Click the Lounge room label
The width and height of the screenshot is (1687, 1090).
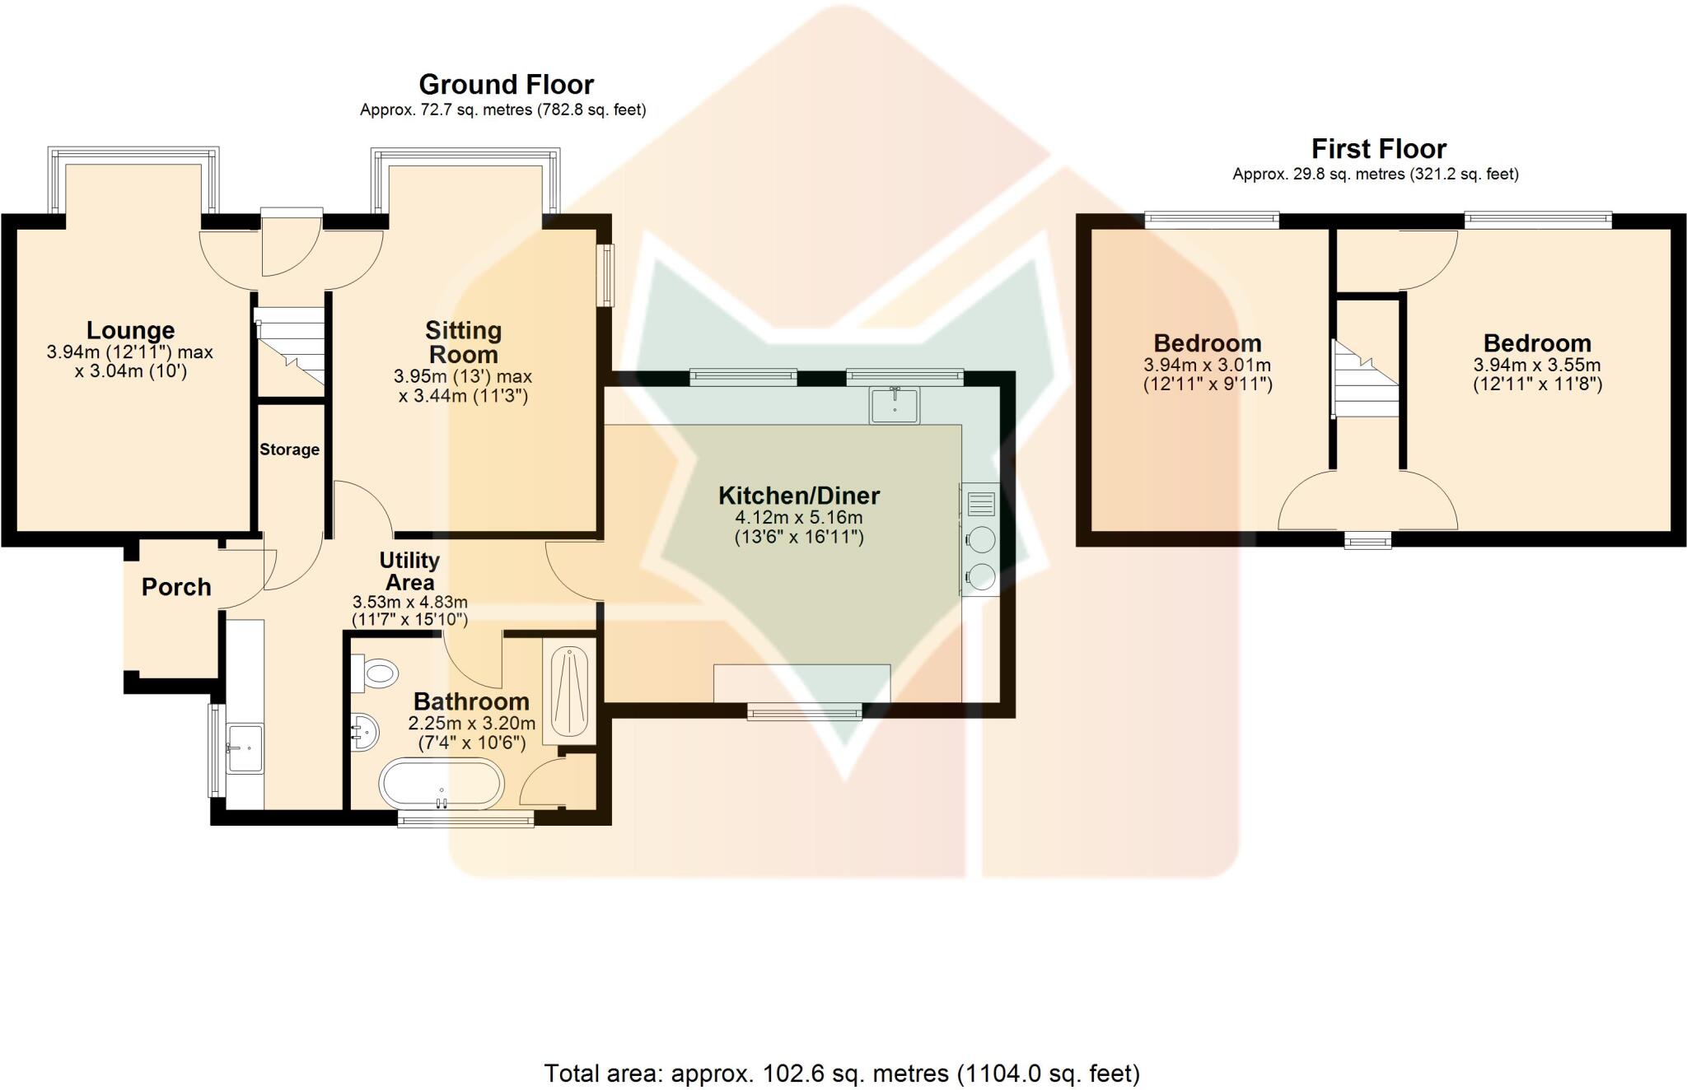click(x=130, y=330)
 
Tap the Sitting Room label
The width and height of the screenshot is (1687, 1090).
click(x=463, y=342)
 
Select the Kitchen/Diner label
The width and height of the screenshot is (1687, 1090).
click(x=799, y=496)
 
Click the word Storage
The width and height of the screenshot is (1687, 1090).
click(x=289, y=450)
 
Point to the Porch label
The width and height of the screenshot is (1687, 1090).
click(x=176, y=587)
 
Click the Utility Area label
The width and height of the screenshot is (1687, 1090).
click(x=409, y=571)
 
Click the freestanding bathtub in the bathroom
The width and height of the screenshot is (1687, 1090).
click(x=441, y=785)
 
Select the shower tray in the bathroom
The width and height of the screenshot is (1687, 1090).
click(x=569, y=691)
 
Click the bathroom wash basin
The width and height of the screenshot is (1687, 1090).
click(x=364, y=731)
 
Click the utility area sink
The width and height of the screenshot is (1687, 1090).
click(x=245, y=748)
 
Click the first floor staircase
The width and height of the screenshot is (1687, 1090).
click(x=1366, y=379)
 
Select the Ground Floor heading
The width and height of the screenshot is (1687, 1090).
click(x=507, y=85)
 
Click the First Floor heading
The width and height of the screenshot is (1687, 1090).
click(x=1379, y=149)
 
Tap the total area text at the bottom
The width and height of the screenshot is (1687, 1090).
click(x=842, y=1073)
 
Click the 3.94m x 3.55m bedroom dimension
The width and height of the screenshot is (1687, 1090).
click(x=1537, y=365)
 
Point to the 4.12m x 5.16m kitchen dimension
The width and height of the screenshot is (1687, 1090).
click(x=799, y=518)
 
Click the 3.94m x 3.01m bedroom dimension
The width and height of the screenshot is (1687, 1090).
click(x=1208, y=365)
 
